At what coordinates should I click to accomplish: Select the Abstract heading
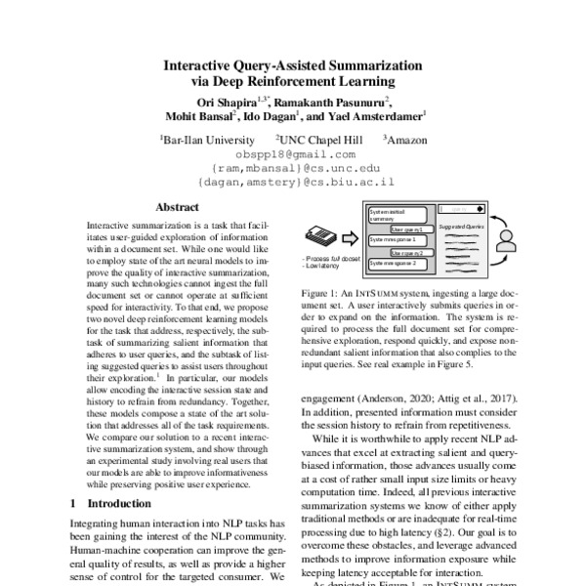[178, 207]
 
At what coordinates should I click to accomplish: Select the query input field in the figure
[460, 207]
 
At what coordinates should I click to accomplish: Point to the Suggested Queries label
[460, 226]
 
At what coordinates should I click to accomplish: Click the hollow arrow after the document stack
[352, 237]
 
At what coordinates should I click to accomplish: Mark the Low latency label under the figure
[324, 265]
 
